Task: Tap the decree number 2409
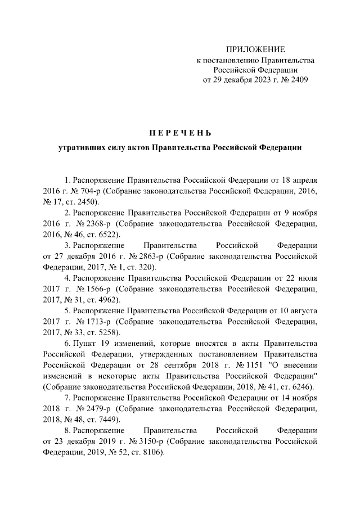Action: coord(297,80)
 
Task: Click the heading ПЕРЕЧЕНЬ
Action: coord(180,133)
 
